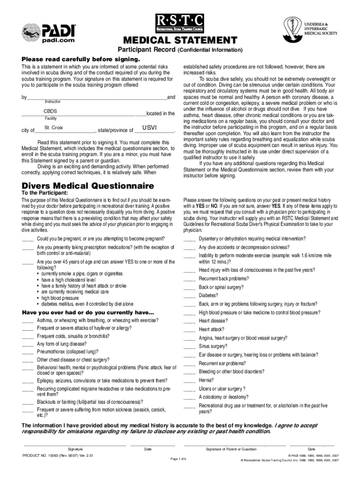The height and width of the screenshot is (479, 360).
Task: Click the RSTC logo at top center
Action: point(180,22)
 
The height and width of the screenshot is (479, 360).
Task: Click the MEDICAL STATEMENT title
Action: point(180,41)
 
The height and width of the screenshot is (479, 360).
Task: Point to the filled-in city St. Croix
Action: point(53,128)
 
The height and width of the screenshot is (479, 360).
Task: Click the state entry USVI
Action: point(149,128)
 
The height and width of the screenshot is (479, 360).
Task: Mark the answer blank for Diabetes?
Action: point(189,296)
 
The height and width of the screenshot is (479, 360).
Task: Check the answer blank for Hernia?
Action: point(189,380)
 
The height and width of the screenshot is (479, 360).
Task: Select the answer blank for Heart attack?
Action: point(189,330)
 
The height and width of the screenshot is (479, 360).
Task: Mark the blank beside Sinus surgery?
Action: point(189,347)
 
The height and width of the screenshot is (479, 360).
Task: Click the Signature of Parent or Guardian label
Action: point(231,449)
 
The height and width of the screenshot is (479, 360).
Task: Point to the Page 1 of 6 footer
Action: point(179,459)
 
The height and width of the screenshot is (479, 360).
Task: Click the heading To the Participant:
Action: point(45,193)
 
